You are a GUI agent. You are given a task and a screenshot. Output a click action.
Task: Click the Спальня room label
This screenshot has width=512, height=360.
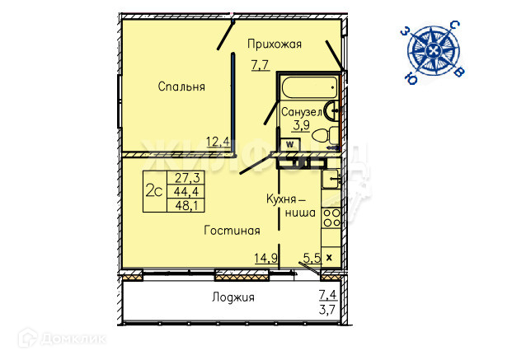[181, 86]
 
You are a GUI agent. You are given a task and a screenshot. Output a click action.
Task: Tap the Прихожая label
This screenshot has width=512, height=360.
[275, 44]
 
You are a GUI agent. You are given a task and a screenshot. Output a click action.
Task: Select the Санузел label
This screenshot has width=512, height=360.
[301, 112]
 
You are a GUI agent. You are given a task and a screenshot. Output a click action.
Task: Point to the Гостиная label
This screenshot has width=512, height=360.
[232, 231]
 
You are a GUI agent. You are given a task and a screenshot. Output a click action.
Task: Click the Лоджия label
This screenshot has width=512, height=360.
[233, 297]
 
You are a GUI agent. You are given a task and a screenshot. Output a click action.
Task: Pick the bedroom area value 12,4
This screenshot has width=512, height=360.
[218, 142]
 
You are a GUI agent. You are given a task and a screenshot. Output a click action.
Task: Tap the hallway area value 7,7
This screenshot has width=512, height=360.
[261, 65]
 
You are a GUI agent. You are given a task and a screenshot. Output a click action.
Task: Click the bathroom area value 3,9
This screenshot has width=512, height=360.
[302, 124]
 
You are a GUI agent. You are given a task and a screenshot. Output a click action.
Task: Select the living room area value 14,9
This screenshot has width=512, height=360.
[265, 258]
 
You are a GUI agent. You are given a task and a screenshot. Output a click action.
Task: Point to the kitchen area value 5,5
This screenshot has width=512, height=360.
[312, 258]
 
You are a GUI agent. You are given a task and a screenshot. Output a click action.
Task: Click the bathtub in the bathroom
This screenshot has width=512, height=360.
[309, 87]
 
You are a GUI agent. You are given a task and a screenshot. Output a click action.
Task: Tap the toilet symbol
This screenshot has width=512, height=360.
[326, 135]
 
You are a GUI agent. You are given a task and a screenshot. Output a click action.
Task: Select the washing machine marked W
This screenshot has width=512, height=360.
[289, 144]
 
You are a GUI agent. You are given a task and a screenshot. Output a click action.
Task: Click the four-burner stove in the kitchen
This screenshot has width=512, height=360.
[331, 218]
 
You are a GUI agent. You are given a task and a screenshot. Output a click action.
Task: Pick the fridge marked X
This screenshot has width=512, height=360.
[331, 258]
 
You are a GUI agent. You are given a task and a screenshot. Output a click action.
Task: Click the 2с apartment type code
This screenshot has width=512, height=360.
[154, 191]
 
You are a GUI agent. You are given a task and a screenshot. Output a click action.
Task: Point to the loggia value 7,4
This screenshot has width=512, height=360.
[327, 295]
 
